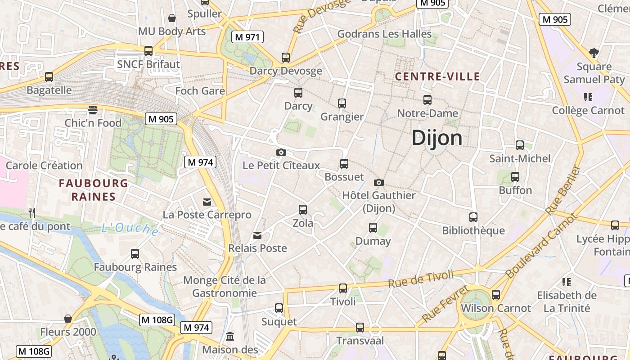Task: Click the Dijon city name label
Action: [436, 138]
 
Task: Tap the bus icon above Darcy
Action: [298, 93]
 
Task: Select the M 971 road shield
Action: [246, 37]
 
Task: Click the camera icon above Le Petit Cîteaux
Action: [281, 153]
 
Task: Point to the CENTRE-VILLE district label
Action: [437, 76]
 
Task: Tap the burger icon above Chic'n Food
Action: [93, 110]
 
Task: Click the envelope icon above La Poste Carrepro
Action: [207, 202]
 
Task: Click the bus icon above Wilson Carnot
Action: [496, 295]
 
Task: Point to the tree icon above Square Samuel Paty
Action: [594, 53]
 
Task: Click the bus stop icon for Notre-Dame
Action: [427, 100]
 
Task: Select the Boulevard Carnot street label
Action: [540, 246]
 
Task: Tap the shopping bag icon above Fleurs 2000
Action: [68, 319]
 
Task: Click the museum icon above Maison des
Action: [230, 336]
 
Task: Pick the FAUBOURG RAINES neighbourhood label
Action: [94, 190]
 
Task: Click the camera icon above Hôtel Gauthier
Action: [379, 182]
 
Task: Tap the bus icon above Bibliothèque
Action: [473, 217]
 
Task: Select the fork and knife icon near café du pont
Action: [32, 212]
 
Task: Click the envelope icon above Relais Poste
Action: [257, 235]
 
